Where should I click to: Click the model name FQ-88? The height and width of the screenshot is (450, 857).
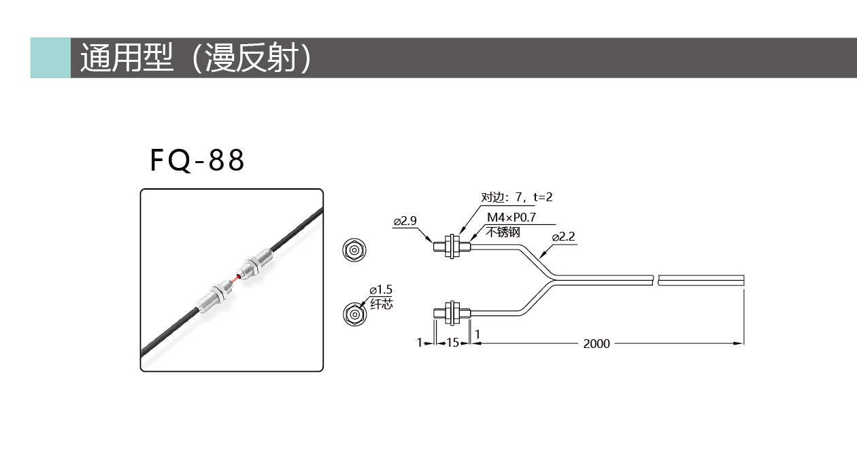pos(197,160)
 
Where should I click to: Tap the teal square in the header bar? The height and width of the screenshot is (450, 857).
pos(50,58)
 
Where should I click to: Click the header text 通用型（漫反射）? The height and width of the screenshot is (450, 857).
pos(196,58)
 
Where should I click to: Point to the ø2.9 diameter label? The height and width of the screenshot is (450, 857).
pos(405,221)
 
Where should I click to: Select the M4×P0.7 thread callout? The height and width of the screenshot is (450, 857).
pos(511,218)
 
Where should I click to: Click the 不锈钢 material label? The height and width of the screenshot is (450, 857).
pos(503,232)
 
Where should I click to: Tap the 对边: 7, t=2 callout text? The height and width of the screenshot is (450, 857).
pos(517,197)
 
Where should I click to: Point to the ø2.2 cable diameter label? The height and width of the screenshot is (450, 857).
pos(564,237)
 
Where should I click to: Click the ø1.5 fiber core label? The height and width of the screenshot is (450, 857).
pos(381,290)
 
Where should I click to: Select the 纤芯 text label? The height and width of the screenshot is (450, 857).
pos(382,304)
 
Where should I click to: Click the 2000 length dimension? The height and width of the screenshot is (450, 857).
pos(596,344)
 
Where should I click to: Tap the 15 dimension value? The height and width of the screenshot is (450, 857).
pos(452,343)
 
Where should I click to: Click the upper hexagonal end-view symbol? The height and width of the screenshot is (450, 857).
pos(354,250)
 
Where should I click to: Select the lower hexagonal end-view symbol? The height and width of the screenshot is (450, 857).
pos(354,314)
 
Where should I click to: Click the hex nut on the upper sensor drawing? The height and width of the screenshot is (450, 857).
pos(452,247)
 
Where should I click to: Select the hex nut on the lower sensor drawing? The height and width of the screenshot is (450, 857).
pos(452,313)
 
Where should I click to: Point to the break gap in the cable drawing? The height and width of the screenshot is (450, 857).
pos(656,280)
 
